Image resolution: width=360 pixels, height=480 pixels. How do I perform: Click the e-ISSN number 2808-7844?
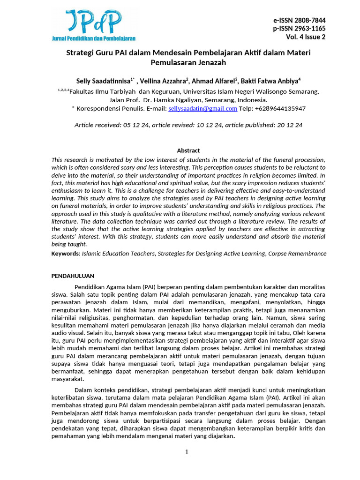310,20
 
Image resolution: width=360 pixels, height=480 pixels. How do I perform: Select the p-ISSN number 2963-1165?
310,29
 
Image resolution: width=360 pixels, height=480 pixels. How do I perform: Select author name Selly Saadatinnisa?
103,80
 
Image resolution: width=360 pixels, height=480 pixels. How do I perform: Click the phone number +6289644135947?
280,109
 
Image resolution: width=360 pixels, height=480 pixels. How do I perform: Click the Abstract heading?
188,150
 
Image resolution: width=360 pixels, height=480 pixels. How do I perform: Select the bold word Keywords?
65,254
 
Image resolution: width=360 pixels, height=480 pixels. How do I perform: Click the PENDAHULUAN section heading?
73,276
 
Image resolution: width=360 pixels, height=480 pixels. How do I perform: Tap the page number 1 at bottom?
187,452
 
